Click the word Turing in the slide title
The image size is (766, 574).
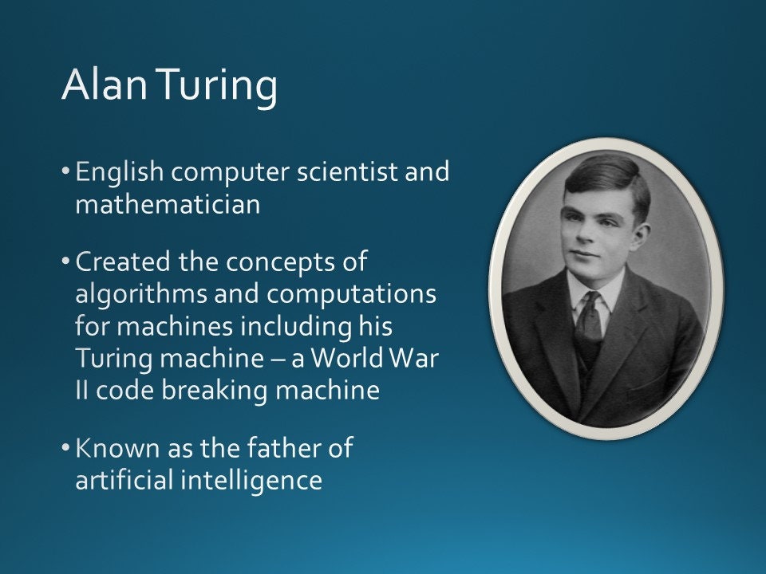coord(217,85)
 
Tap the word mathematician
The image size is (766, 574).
coord(168,205)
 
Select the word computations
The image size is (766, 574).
coord(352,294)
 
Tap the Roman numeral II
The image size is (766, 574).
coord(82,391)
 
